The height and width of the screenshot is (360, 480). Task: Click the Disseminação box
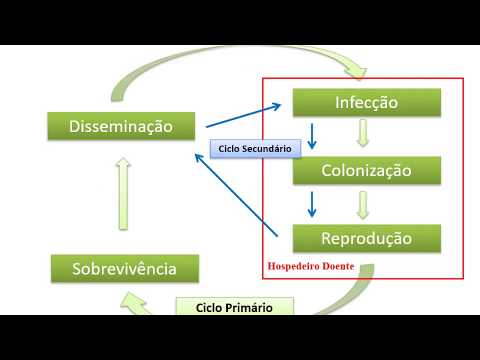121,126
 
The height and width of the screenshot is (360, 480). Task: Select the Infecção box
367,102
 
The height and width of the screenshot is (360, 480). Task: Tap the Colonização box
367,170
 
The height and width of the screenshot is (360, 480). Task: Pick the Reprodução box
367,238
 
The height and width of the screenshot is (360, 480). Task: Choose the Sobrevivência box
125,269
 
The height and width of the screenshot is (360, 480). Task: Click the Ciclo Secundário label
255,149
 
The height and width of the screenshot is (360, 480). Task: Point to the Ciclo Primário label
235,307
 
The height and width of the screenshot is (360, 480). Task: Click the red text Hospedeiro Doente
311,266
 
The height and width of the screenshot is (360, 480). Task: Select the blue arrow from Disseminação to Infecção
244,115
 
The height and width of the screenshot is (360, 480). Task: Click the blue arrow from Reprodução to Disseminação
236,195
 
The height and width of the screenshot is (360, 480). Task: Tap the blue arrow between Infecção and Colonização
312,136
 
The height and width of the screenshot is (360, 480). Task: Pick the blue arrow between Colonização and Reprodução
312,204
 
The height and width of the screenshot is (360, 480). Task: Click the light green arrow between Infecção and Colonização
363,133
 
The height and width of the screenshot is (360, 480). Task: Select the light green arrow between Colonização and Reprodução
363,205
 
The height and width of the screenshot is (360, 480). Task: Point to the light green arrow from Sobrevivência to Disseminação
123,194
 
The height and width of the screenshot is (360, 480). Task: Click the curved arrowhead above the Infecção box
356,72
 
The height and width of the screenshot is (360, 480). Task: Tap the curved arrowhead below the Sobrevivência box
133,303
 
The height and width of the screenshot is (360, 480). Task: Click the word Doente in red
339,266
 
